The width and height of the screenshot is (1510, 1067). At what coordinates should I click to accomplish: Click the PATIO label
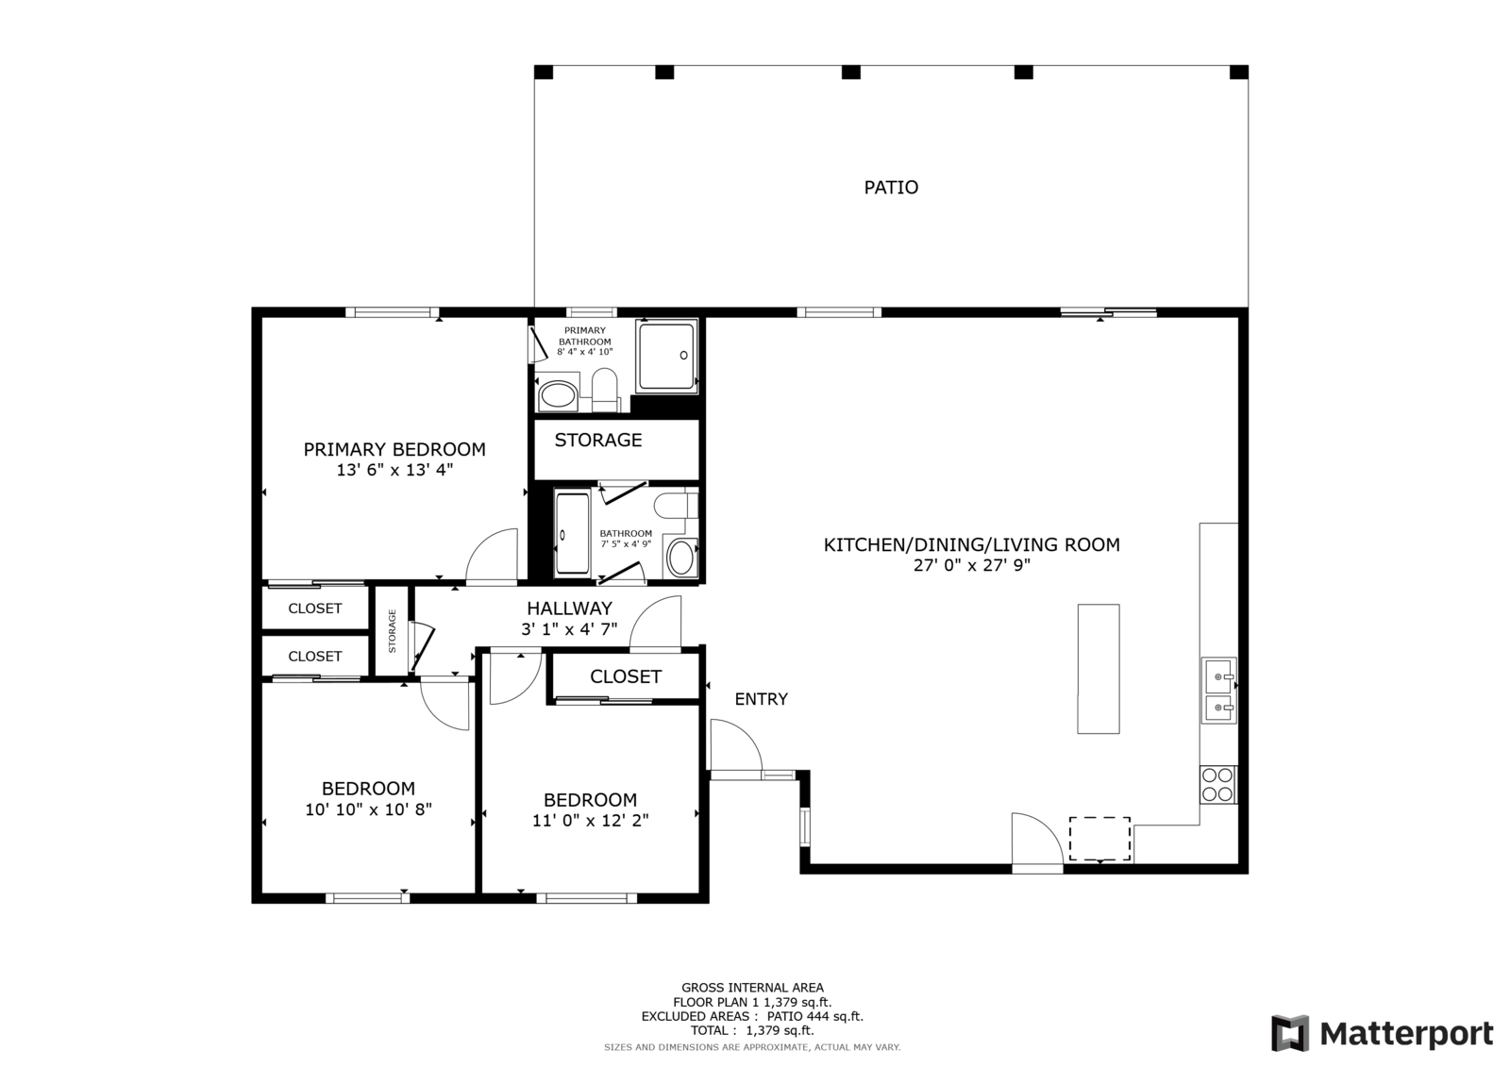point(891,188)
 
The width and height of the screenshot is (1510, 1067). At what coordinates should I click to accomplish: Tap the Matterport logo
point(1382,1033)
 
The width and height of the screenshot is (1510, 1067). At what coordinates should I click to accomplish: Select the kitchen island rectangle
point(1099,669)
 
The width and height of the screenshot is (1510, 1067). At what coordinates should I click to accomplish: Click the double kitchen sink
point(1219,691)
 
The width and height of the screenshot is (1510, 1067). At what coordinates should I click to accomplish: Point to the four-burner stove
point(1217,785)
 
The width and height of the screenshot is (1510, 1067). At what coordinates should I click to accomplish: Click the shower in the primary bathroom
point(666,356)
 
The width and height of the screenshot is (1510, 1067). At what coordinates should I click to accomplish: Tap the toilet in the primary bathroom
point(605,390)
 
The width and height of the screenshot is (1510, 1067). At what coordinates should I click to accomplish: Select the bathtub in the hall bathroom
point(572,533)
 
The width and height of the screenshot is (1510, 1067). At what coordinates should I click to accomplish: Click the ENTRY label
point(761,699)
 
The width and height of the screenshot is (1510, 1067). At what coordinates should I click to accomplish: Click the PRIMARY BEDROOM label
point(394,450)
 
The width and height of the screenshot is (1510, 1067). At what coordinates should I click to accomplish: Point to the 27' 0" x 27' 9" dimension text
point(972,565)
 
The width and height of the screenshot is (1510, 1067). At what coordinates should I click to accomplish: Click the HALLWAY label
point(570,609)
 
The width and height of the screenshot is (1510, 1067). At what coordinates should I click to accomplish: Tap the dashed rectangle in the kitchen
point(1100,839)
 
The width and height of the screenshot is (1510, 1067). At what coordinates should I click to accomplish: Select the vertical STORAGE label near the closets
point(393,631)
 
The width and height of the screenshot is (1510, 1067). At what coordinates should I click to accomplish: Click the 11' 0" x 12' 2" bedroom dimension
point(591,821)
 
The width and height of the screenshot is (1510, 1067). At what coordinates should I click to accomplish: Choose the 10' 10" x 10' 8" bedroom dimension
point(368,809)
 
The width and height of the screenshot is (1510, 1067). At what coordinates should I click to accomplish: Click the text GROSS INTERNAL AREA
point(752,988)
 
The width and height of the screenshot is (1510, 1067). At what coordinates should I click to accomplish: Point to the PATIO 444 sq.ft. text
point(815,1016)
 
